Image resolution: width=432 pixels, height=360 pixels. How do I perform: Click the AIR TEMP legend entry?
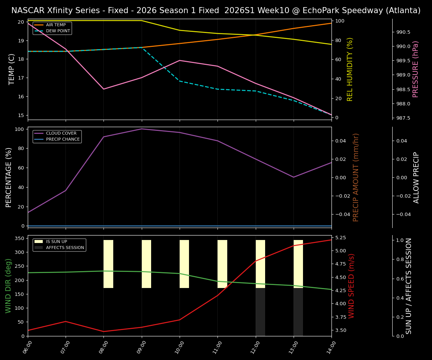55,25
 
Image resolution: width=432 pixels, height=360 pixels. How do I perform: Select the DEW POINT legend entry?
58,31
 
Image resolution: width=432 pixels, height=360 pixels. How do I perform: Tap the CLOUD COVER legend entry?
61,133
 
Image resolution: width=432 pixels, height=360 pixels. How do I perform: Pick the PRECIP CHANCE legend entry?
63,139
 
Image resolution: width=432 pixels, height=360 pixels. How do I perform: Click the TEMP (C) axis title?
12,69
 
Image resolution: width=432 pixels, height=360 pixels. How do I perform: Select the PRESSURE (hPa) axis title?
415,69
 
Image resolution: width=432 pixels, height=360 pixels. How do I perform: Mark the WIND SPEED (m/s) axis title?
351,286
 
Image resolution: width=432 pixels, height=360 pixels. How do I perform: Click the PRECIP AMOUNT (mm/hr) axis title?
356,177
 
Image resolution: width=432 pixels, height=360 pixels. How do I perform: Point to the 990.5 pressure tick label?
403,32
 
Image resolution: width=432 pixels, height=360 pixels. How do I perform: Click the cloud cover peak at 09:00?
141,129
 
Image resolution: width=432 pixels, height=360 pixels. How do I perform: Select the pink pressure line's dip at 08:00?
104,89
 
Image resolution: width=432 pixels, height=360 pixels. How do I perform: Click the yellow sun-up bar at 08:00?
108,264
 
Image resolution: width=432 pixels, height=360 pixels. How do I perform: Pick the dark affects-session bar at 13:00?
298,312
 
